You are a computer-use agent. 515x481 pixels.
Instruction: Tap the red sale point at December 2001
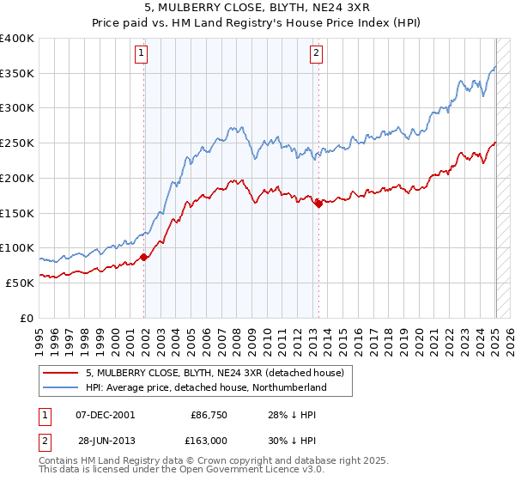point(144,257)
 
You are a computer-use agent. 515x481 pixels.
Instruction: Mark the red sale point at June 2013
point(318,204)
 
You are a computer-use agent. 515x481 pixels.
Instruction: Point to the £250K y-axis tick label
point(17,143)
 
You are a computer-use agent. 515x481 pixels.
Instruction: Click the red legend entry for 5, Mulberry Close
point(215,373)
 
